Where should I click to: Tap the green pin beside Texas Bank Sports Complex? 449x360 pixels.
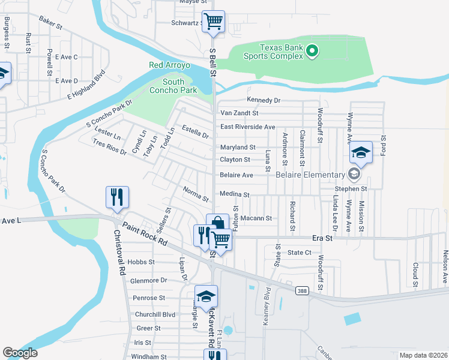(312, 52)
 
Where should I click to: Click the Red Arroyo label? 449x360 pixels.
(169, 65)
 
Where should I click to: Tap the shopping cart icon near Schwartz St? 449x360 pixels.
(213, 22)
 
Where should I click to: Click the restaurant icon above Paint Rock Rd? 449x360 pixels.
(117, 197)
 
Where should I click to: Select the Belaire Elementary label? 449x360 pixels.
(310, 175)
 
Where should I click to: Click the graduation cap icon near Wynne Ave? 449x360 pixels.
(361, 152)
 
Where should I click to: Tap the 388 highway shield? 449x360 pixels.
(302, 290)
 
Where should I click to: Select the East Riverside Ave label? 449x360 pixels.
(247, 127)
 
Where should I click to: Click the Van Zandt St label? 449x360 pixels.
(239, 113)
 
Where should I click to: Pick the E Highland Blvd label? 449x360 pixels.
(86, 85)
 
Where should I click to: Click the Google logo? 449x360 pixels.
(20, 353)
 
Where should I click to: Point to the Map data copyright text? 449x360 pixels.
(423, 355)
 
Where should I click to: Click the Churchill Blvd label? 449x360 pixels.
(155, 314)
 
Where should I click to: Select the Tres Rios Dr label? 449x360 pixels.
(110, 147)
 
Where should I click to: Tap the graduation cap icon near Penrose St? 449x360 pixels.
(206, 296)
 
